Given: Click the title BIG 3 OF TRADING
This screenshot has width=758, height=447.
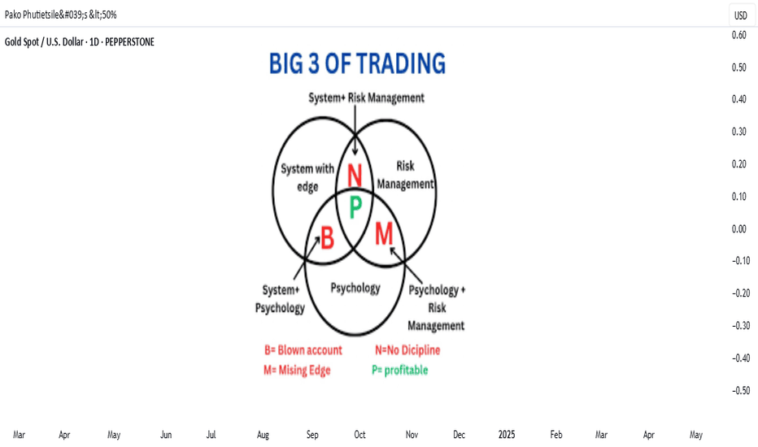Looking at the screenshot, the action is pyautogui.click(x=357, y=63).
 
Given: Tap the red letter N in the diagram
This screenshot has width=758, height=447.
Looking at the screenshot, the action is pyautogui.click(x=355, y=176).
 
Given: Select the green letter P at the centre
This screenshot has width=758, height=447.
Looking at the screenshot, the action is pyautogui.click(x=355, y=207).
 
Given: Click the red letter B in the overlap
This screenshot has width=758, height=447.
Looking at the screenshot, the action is pyautogui.click(x=327, y=238).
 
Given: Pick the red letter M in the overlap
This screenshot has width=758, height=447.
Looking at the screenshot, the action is pyautogui.click(x=385, y=234).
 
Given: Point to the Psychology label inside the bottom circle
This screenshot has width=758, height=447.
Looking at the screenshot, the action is pyautogui.click(x=355, y=288).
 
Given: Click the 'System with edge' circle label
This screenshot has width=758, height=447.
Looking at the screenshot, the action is pyautogui.click(x=307, y=177).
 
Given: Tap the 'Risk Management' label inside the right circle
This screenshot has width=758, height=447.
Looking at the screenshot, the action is pyautogui.click(x=405, y=175).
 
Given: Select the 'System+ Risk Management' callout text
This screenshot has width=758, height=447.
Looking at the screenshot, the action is pyautogui.click(x=367, y=98).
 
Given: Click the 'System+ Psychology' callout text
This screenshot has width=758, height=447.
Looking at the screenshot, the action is pyautogui.click(x=280, y=298).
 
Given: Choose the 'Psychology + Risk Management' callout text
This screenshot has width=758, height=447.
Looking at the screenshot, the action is pyautogui.click(x=436, y=307).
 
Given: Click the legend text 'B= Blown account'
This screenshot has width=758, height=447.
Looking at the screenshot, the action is pyautogui.click(x=303, y=349).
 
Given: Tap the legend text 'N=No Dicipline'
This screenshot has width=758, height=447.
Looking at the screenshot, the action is pyautogui.click(x=407, y=349).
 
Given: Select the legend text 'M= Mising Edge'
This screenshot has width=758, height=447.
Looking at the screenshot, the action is pyautogui.click(x=297, y=370).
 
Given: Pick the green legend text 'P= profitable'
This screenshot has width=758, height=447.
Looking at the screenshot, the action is pyautogui.click(x=400, y=370).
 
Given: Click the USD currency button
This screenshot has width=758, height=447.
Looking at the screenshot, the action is pyautogui.click(x=741, y=15).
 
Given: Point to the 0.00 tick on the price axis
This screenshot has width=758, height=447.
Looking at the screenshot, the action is pyautogui.click(x=738, y=228).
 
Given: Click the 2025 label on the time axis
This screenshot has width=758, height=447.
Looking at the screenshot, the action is pyautogui.click(x=507, y=435).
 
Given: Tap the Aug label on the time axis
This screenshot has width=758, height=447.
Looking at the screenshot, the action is pyautogui.click(x=263, y=435).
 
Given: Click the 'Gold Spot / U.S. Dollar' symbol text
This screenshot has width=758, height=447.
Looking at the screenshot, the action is pyautogui.click(x=44, y=42).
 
